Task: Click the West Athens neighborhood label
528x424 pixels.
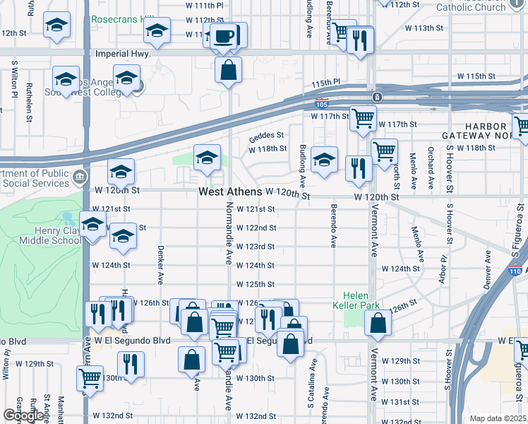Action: [x=230, y=192]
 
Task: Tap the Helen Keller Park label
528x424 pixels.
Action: [x=361, y=300]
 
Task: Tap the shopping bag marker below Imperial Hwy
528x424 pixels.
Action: [x=229, y=71]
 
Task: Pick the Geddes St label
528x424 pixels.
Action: [x=266, y=135]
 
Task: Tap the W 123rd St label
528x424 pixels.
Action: [x=256, y=247]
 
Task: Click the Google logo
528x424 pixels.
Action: [x=23, y=416]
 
